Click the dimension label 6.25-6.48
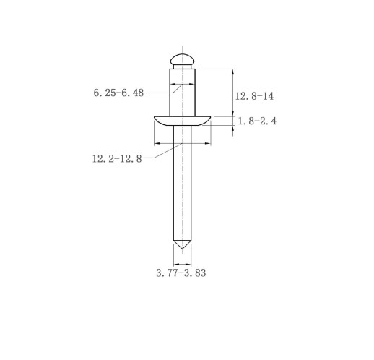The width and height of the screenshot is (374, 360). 118,93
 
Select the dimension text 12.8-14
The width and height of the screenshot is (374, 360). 254,96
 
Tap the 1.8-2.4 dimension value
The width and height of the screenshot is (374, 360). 257,121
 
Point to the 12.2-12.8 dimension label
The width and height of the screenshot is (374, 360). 117,159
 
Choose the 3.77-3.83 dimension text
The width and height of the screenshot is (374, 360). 181,273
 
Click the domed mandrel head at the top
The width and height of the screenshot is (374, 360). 182,59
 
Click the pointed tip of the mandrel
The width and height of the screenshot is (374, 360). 182,249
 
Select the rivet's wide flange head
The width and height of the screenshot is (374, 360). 182,121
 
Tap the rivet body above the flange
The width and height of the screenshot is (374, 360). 182,93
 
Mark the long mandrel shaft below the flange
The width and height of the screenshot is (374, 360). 182,183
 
